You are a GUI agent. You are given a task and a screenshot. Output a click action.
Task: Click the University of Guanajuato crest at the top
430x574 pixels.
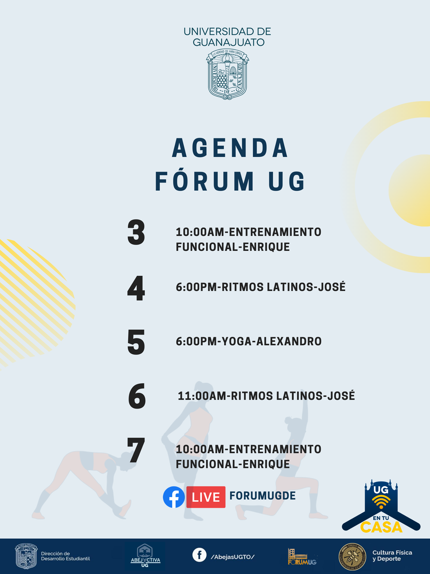pos(227,75)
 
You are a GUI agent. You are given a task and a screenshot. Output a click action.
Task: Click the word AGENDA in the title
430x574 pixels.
pos(230,148)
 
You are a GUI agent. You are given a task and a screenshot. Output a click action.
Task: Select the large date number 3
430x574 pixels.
pos(136,232)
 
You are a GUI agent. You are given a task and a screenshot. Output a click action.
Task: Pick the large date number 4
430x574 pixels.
pos(136,288)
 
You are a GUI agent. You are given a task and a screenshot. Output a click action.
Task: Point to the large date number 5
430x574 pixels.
pos(136,342)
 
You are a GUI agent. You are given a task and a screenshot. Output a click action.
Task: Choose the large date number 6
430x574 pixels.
pos(137,396)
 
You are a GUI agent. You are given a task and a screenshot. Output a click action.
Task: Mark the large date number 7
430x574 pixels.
pos(136,450)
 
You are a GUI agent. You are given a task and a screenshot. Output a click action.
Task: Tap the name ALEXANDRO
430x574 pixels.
pos(289,341)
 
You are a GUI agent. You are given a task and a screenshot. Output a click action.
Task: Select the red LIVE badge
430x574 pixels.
pos(206,497)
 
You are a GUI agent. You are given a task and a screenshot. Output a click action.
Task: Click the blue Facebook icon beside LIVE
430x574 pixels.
pos(174,497)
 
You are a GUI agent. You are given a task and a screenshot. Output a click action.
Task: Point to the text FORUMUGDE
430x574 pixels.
pos(263,496)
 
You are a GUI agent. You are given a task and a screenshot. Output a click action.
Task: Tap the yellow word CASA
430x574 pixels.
pos(381,527)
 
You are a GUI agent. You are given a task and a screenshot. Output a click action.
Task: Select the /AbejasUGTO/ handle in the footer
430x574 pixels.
pos(233,557)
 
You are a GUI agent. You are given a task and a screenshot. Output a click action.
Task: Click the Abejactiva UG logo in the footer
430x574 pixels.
pos(145,556)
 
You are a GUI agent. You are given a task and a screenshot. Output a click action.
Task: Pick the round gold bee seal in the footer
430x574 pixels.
pos(352,557)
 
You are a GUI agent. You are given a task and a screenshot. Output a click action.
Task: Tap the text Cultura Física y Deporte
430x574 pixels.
pos(392,556)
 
